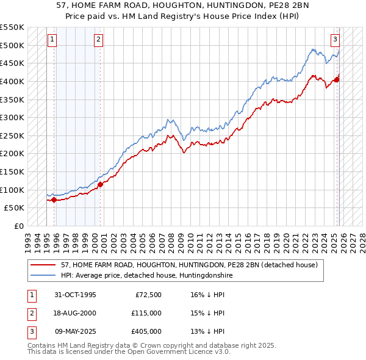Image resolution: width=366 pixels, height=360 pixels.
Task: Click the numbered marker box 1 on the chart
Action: pos(52,40)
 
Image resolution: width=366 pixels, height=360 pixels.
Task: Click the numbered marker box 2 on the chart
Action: pos(98,40)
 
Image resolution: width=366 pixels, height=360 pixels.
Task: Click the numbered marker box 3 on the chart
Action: pos(335,40)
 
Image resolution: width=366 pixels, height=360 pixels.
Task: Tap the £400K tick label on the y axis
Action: pos(13,81)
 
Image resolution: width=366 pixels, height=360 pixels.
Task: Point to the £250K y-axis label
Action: pos(13,135)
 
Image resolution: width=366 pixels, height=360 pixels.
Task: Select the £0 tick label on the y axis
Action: pos(19,226)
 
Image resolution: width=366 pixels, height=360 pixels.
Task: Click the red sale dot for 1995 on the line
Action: pos(54,200)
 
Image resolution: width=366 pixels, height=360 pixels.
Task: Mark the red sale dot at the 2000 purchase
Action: pos(101,184)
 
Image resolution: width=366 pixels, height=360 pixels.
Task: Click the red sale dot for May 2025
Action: pos(337,79)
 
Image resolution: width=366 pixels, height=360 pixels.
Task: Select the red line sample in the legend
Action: pos(44,265)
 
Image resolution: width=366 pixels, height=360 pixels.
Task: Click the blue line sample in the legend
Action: pos(44,276)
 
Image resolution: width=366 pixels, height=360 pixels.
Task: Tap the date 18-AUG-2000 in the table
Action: pos(75,313)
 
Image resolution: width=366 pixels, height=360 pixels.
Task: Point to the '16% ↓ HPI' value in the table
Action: pos(207,295)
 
